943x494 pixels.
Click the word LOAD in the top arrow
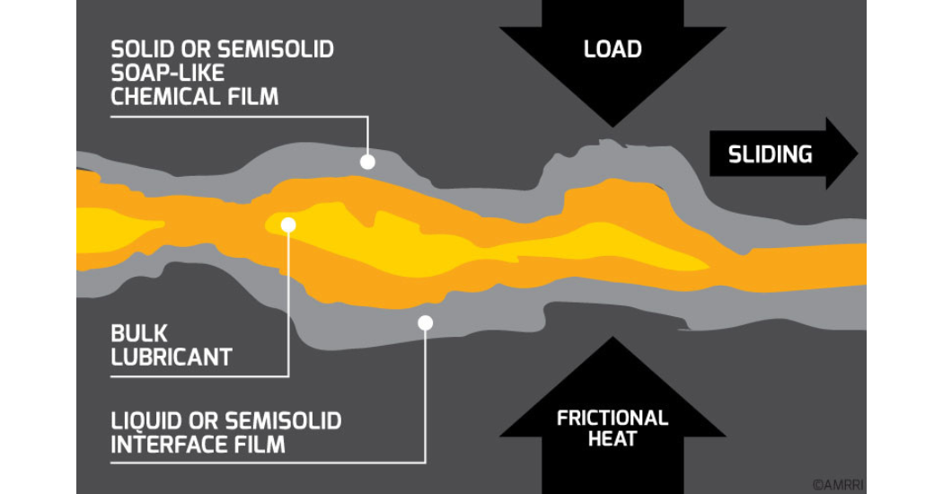tap(613, 49)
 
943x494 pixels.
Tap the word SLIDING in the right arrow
tap(770, 154)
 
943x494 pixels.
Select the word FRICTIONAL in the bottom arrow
tap(613, 418)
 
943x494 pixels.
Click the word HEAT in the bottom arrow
tap(613, 439)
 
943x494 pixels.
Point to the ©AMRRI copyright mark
tap(838, 484)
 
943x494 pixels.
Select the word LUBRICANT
tap(172, 357)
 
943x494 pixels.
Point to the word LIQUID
tap(146, 420)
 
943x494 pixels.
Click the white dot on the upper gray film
tap(366, 162)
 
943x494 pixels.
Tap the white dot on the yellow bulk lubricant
tap(287, 225)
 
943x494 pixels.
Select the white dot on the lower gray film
tap(426, 322)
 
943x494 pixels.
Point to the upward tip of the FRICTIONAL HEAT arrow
tap(613, 340)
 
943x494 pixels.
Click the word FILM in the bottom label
tap(260, 444)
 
